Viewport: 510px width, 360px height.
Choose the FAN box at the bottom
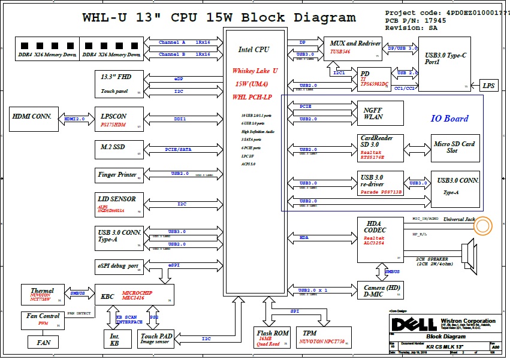coord(44,343)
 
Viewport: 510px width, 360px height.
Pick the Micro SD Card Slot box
coord(455,148)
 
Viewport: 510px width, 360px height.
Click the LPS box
coord(490,86)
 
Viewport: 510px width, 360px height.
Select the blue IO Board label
coord(449,119)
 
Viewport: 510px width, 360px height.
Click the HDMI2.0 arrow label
coord(74,119)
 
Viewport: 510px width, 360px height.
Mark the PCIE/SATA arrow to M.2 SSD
coord(179,149)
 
